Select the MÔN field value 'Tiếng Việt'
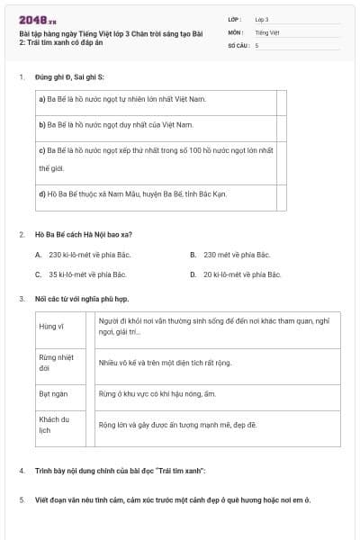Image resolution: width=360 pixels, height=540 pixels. pos(265,31)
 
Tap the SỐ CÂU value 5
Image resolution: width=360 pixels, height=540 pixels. pos(256,45)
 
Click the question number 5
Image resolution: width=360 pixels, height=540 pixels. pos(22,499)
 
